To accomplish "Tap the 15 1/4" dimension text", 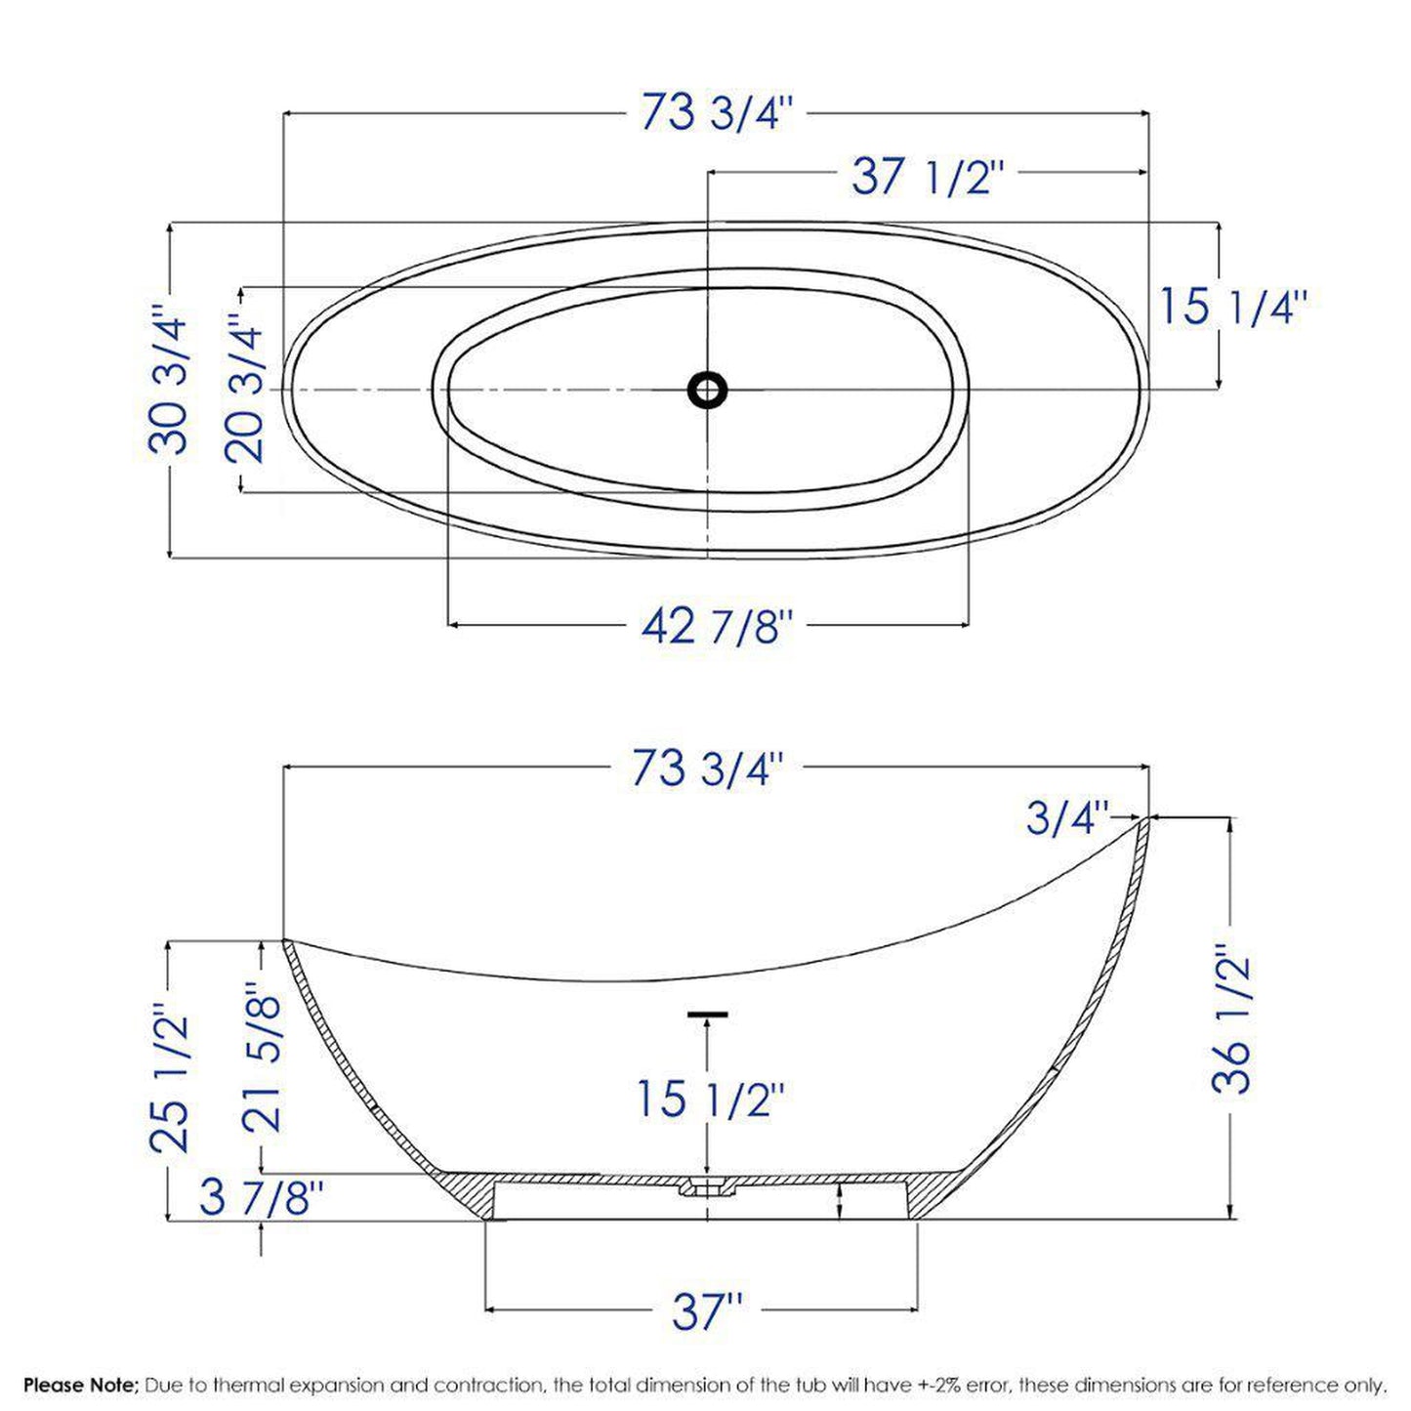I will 1231,307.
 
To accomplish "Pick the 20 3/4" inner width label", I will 243,389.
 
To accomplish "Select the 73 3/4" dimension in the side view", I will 708,768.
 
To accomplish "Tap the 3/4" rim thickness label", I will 1068,818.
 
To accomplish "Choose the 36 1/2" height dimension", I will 1229,1018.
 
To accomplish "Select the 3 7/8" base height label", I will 261,1198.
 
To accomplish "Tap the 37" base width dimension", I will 707,1311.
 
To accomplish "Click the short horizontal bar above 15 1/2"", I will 707,1015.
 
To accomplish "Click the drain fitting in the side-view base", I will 705,1187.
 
